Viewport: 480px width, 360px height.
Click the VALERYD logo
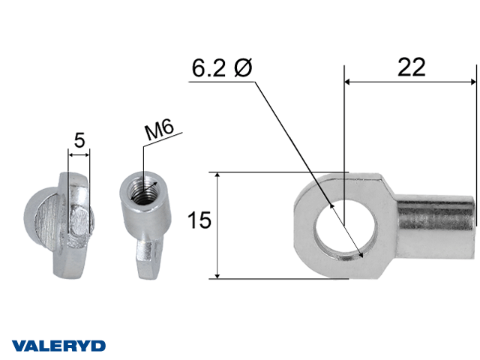point(58,346)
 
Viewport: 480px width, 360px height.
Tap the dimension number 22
point(412,67)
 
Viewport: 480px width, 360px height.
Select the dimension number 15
point(199,220)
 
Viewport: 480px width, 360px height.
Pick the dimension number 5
point(79,140)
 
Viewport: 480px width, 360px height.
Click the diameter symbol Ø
point(243,67)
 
